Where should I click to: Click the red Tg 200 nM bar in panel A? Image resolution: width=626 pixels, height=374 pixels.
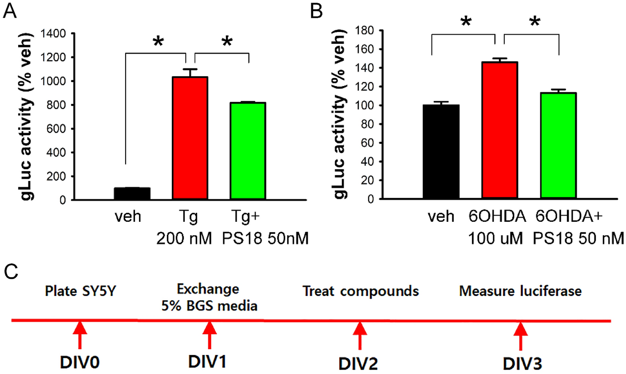pos(190,138)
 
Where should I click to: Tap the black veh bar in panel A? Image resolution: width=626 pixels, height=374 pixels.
pos(132,194)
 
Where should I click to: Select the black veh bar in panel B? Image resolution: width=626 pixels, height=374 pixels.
pos(441,151)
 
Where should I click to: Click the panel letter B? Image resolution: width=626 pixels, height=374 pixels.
pos(316,12)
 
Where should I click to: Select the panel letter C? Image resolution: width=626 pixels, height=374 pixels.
pos(11,272)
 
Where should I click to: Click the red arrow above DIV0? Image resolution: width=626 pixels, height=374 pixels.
pos(80,335)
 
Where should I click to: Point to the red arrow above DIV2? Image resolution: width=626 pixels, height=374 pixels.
pos(360,335)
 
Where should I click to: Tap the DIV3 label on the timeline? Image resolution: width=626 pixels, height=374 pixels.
pos(522,363)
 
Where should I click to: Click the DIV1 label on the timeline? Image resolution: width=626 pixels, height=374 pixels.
pos(207,362)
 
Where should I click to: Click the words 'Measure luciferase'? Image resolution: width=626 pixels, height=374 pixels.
pos(520,291)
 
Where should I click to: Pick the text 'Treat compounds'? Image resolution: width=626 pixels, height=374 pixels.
pos(361,291)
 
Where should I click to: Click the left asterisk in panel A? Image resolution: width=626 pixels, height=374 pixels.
pos(158,43)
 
